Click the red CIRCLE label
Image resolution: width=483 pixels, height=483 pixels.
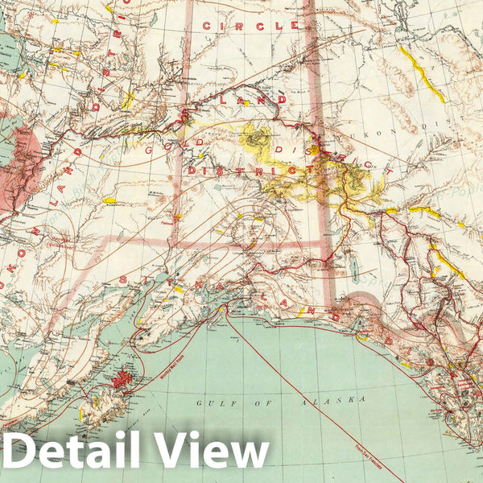point(250,26)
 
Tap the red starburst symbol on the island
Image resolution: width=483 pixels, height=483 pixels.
point(122,377)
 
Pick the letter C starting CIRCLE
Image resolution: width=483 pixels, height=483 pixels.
point(207,26)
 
